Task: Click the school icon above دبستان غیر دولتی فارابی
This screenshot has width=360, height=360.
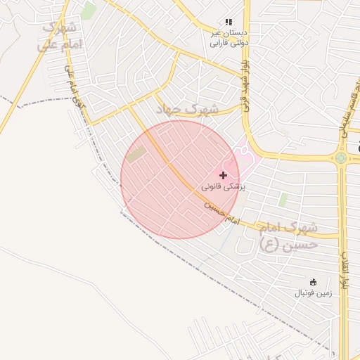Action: point(229,23)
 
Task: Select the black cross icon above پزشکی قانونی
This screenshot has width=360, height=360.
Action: point(224,175)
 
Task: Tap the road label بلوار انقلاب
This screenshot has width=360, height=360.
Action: point(345,271)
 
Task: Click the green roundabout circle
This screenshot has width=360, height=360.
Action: point(341,158)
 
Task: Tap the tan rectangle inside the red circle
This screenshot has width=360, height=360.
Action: point(136,154)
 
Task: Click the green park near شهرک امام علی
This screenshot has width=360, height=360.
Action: point(88,11)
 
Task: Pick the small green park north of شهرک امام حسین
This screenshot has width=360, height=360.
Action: point(283,200)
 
